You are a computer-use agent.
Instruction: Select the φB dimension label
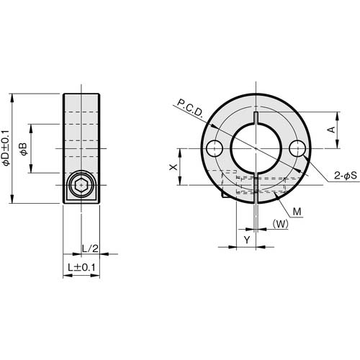pyautogui.click(x=23, y=149)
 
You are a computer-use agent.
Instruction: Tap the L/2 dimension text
pyautogui.click(x=89, y=248)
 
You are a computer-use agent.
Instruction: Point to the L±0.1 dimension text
pyautogui.click(x=81, y=267)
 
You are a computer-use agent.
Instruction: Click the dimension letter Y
pyautogui.click(x=247, y=239)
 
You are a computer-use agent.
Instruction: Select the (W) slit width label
pyautogui.click(x=282, y=223)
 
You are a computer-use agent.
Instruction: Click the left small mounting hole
pyautogui.click(x=213, y=149)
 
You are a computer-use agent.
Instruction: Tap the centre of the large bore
pyautogui.click(x=257, y=149)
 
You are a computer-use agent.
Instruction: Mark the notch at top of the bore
pyautogui.click(x=257, y=117)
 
